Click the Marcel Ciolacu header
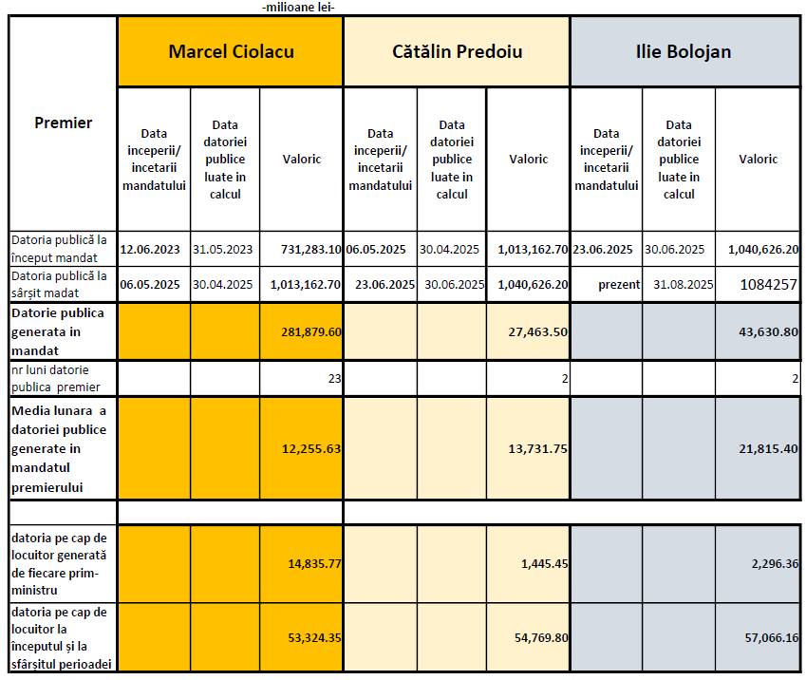[231, 51]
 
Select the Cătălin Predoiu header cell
[457, 51]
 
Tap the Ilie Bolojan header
[684, 51]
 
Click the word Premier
[64, 123]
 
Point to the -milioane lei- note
[297, 8]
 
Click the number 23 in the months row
[332, 377]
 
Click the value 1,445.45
[544, 563]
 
